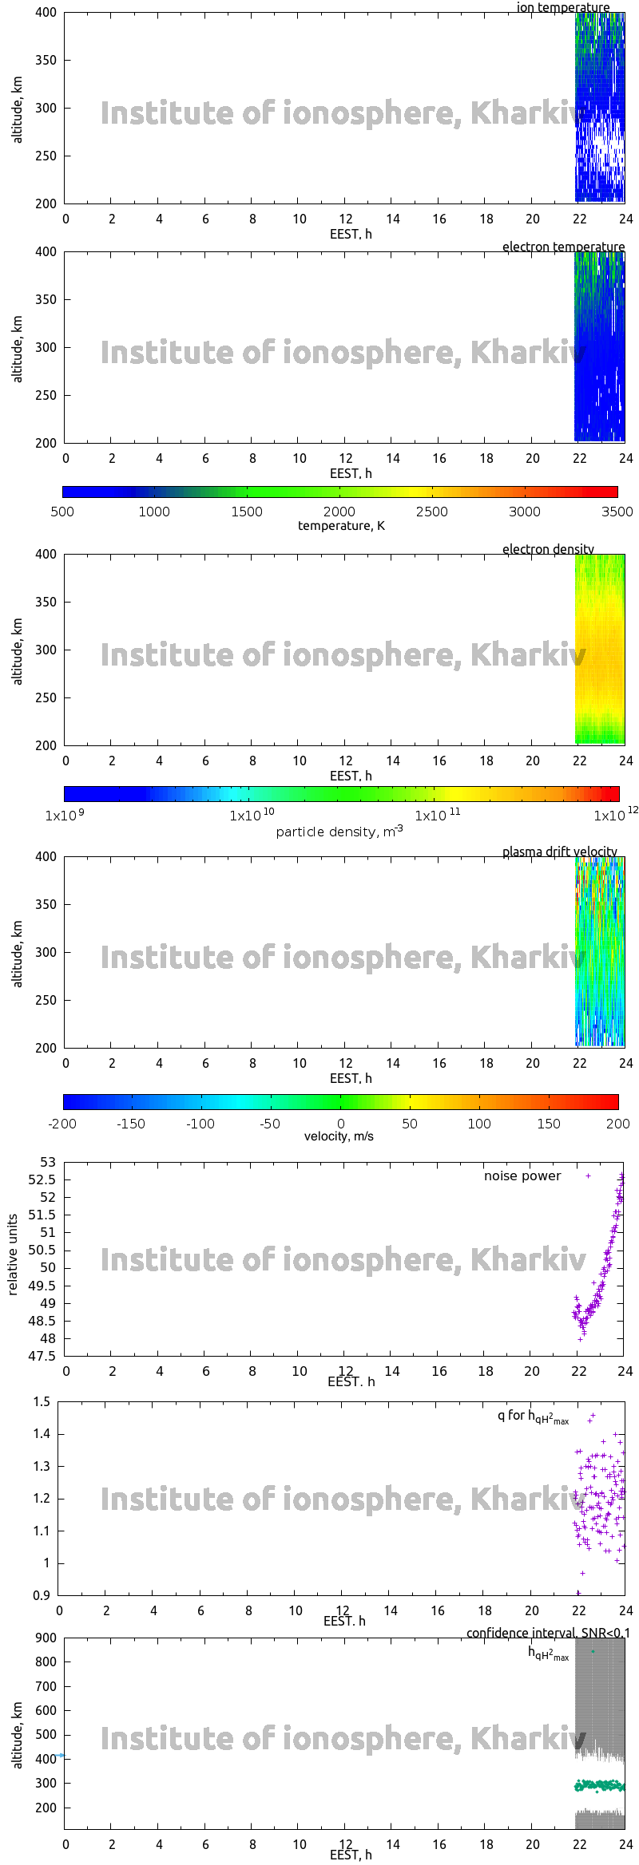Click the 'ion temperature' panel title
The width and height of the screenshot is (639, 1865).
click(562, 8)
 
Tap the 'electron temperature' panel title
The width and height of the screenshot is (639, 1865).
click(563, 247)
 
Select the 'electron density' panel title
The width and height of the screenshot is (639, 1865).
click(548, 549)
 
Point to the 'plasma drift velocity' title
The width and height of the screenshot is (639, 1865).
click(559, 851)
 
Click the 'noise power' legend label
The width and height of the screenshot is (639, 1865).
click(522, 1176)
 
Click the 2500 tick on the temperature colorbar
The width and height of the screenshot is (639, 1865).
click(431, 512)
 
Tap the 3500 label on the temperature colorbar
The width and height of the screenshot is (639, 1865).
click(617, 512)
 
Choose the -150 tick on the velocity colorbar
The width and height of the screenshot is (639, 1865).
click(131, 1124)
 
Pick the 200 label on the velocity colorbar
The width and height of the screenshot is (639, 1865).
click(618, 1124)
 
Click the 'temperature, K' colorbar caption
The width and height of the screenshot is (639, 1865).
click(341, 526)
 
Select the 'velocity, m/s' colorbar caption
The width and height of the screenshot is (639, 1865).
click(339, 1136)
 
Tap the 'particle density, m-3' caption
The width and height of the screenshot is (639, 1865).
click(339, 832)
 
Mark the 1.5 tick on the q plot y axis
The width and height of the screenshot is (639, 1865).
click(42, 1401)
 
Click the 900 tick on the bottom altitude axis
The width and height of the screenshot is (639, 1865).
click(46, 1638)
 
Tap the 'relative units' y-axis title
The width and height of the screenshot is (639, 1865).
click(13, 1255)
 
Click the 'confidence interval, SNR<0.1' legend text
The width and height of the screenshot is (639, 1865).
click(548, 1633)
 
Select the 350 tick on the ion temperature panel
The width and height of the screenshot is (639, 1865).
click(46, 60)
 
